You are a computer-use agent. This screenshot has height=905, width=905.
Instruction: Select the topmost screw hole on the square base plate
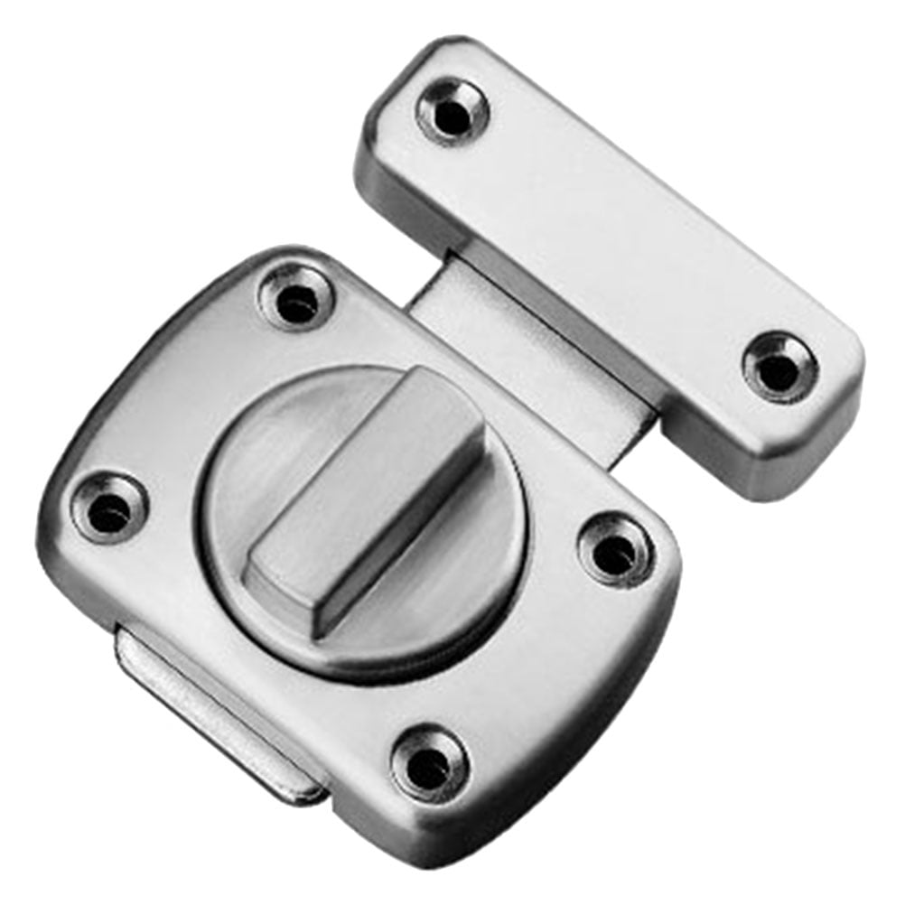(x=295, y=299)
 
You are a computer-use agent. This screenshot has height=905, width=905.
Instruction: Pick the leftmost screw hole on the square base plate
(x=110, y=508)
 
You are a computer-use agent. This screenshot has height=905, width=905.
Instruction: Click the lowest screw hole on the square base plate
(x=430, y=760)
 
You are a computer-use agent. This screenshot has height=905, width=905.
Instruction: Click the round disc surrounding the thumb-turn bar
(x=271, y=470)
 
